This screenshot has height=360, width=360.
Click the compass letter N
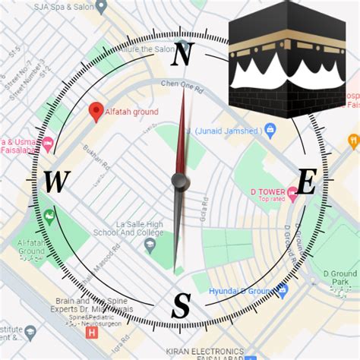[x=182, y=55]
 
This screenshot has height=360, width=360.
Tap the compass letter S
[x=181, y=306]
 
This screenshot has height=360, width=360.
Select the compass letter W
[x=56, y=183]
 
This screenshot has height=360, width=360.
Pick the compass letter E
[x=306, y=183]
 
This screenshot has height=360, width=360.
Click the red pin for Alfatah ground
[x=96, y=112]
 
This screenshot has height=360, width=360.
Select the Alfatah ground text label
[x=131, y=112]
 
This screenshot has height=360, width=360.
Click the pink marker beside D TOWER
[x=292, y=195]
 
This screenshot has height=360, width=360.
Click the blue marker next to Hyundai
[x=282, y=289]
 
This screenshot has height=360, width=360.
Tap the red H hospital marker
[x=92, y=332]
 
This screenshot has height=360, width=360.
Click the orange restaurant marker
[x=352, y=141]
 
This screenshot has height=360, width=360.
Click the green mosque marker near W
[x=50, y=218]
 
